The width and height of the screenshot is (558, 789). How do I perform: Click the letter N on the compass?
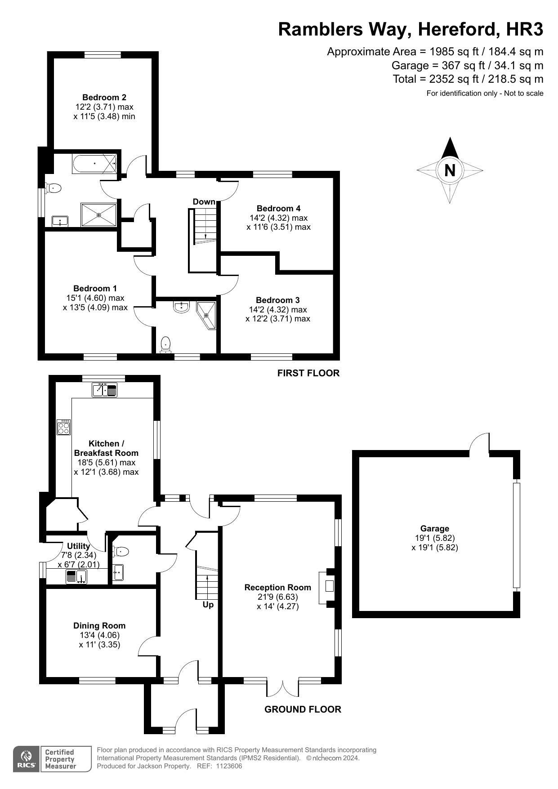point(450,170)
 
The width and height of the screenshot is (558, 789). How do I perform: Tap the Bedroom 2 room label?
point(104,98)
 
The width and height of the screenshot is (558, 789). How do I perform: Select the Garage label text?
point(435,529)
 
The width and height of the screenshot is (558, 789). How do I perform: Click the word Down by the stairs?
point(204,201)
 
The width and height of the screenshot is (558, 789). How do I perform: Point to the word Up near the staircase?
point(208,605)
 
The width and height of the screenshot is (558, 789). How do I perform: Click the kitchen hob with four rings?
point(64,427)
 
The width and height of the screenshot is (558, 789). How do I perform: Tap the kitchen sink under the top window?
point(105,390)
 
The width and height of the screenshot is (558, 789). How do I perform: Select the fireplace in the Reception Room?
point(329,586)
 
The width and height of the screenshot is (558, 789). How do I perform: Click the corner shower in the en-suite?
point(206,315)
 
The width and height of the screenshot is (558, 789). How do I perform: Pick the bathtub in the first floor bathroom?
point(94,164)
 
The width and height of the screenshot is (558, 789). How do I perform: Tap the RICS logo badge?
point(26,759)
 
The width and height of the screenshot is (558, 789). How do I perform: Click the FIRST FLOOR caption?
point(308,373)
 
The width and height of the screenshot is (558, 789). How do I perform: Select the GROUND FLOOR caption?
point(303,709)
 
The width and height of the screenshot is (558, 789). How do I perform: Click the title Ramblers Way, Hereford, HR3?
point(411,29)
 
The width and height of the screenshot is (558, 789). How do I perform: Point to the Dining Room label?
point(99,626)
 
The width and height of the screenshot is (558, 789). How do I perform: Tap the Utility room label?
point(78,546)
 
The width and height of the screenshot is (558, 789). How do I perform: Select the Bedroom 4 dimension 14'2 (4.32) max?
point(279,218)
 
